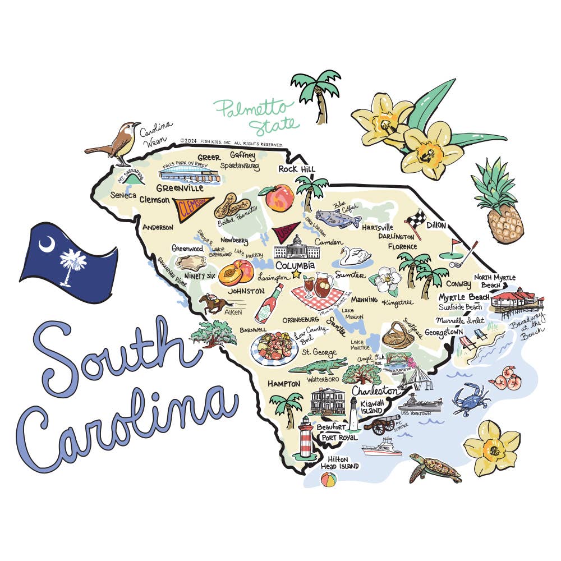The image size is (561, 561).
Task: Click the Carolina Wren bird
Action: point(117,143)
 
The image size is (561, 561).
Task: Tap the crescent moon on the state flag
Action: point(47,243)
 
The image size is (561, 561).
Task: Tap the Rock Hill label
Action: point(297,169)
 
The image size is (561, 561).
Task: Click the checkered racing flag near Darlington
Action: point(416,218)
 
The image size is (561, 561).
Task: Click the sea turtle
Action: point(435,468)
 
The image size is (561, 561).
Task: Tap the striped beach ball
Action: point(328,480)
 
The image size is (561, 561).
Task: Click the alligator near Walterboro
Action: point(317,367)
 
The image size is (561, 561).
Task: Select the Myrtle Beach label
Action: point(463,297)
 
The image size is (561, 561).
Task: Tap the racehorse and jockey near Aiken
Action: point(214,303)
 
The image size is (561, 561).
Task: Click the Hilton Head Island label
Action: point(339,462)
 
